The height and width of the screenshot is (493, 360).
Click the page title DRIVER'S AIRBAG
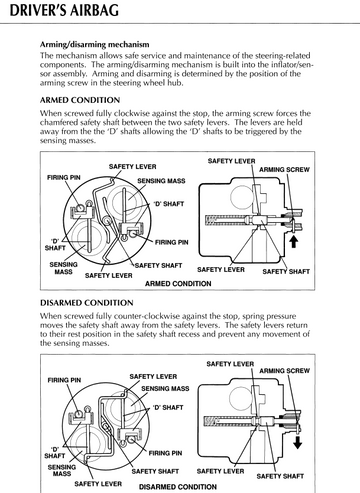pyautogui.click(x=64, y=10)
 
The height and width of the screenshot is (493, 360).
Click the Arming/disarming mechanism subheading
pyautogui.click(x=95, y=44)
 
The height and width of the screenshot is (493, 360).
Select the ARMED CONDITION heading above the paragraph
pyautogui.click(x=80, y=100)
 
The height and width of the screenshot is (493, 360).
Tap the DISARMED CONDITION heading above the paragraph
pyautogui.click(x=87, y=303)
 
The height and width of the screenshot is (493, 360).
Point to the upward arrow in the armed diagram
pyautogui.click(x=293, y=241)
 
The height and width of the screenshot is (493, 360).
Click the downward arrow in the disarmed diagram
pyautogui.click(x=297, y=442)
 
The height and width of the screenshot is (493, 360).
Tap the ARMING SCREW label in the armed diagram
pyautogui.click(x=284, y=170)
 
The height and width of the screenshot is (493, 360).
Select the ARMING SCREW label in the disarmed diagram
pyautogui.click(x=284, y=371)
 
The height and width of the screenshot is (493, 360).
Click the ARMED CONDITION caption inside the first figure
pyautogui.click(x=178, y=284)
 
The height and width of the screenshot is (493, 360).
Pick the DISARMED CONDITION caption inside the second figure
pyautogui.click(x=178, y=487)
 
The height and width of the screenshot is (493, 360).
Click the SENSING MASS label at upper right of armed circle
pyautogui.click(x=161, y=181)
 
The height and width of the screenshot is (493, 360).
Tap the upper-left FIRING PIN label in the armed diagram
pyautogui.click(x=64, y=177)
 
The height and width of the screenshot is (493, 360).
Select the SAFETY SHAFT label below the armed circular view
pyautogui.click(x=158, y=266)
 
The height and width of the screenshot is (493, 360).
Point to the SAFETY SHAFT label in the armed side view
pyautogui.click(x=286, y=272)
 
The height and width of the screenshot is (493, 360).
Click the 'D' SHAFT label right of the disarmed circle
pyautogui.click(x=168, y=407)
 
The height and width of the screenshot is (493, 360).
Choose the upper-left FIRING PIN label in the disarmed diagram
pyautogui.click(x=64, y=380)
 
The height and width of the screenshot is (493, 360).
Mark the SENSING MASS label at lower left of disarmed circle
pyautogui.click(x=62, y=470)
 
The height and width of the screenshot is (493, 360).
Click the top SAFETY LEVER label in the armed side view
pyautogui.click(x=232, y=161)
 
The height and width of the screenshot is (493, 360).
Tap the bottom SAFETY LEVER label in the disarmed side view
pyautogui.click(x=220, y=471)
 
